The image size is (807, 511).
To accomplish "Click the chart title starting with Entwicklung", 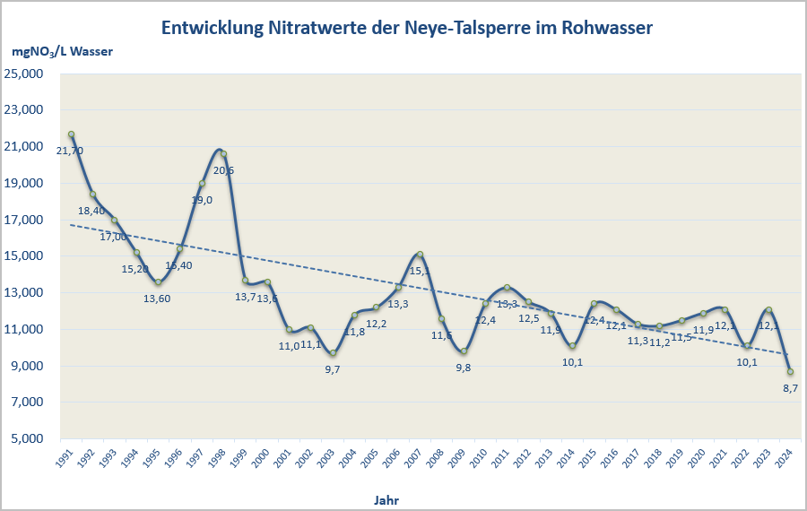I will [x=406, y=28].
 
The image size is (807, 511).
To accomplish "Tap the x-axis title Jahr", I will [x=386, y=498].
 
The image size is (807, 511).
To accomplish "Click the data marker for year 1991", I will [x=71, y=134].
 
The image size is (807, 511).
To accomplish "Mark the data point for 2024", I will [x=790, y=372].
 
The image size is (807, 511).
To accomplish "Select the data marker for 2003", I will [x=333, y=353].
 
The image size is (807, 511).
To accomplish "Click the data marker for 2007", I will [x=420, y=255].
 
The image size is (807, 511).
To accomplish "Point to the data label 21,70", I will [x=70, y=151].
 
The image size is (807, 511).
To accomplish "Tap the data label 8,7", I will [x=790, y=387].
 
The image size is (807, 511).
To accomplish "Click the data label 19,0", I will [x=202, y=200].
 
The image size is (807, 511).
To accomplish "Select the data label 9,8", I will [x=463, y=368].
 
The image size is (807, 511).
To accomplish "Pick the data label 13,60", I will [x=157, y=299].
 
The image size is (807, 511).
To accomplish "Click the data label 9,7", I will [x=333, y=369].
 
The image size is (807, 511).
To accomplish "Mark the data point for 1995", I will [x=158, y=282].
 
